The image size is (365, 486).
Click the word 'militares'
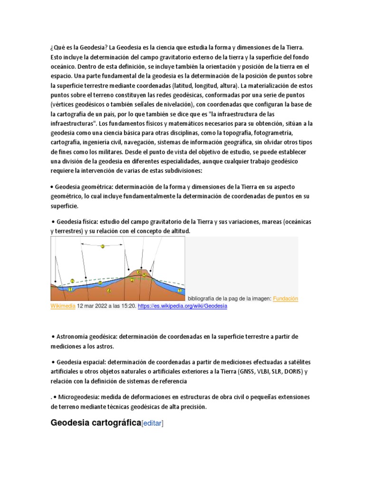(106, 152)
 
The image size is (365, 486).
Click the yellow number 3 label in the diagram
(102, 246)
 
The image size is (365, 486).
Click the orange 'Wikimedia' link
(63, 306)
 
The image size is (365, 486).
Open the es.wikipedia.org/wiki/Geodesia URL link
(182, 306)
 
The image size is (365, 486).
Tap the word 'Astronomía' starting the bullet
(73, 336)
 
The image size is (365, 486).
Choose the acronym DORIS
(293, 372)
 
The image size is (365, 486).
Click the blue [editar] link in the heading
(153, 423)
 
